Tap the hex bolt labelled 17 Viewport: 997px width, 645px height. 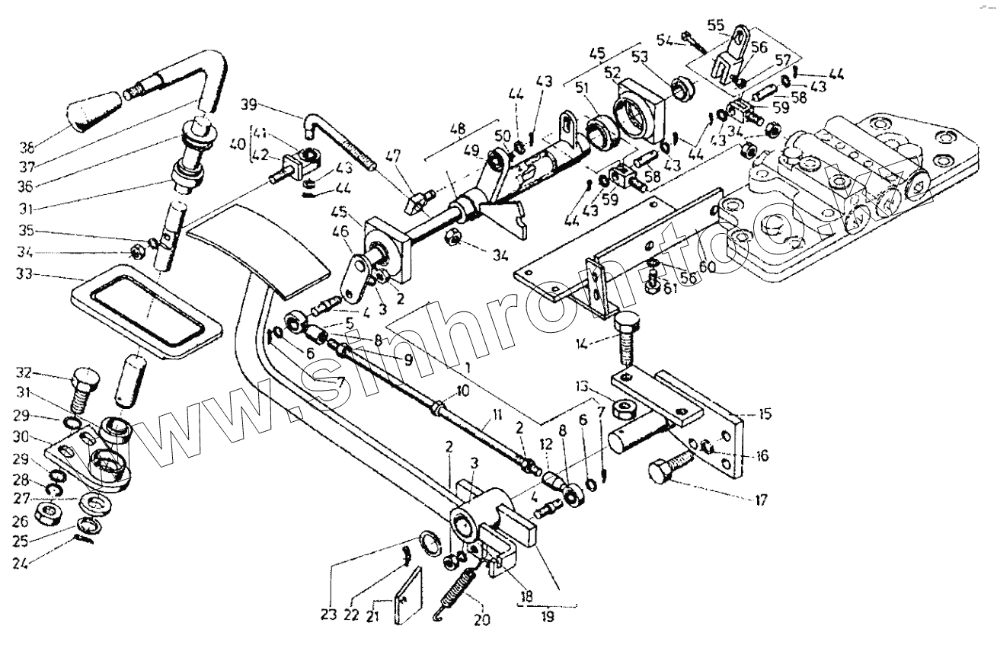(670, 465)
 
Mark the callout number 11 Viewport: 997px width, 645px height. (497, 415)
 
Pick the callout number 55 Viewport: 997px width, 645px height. (715, 25)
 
